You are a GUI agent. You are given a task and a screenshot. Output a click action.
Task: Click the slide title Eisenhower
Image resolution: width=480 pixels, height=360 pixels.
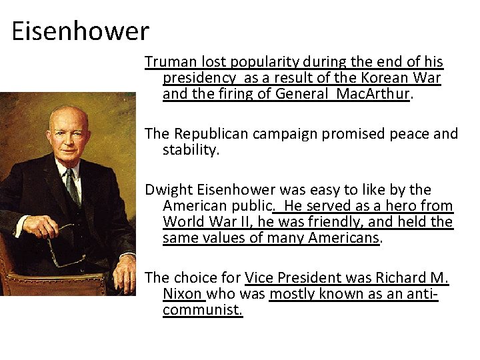pyautogui.click(x=81, y=31)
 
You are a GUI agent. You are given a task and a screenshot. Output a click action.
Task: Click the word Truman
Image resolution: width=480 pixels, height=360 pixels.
pyautogui.click(x=169, y=63)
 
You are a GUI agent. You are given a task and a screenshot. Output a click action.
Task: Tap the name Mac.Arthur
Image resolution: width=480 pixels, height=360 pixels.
pyautogui.click(x=373, y=95)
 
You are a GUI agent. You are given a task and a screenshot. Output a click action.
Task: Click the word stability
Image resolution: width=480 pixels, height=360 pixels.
pyautogui.click(x=191, y=151)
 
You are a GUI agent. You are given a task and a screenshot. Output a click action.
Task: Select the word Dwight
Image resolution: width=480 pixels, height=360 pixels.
pyautogui.click(x=167, y=190)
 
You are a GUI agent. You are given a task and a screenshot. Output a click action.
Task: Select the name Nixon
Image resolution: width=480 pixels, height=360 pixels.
pyautogui.click(x=183, y=294)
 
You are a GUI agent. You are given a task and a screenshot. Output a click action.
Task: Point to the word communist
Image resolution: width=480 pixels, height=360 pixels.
pyautogui.click(x=203, y=311)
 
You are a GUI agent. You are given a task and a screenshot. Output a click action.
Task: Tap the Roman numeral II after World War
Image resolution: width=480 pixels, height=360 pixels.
pyautogui.click(x=245, y=222)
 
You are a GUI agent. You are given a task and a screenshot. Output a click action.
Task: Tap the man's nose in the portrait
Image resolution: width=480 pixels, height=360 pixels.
pyautogui.click(x=67, y=137)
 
